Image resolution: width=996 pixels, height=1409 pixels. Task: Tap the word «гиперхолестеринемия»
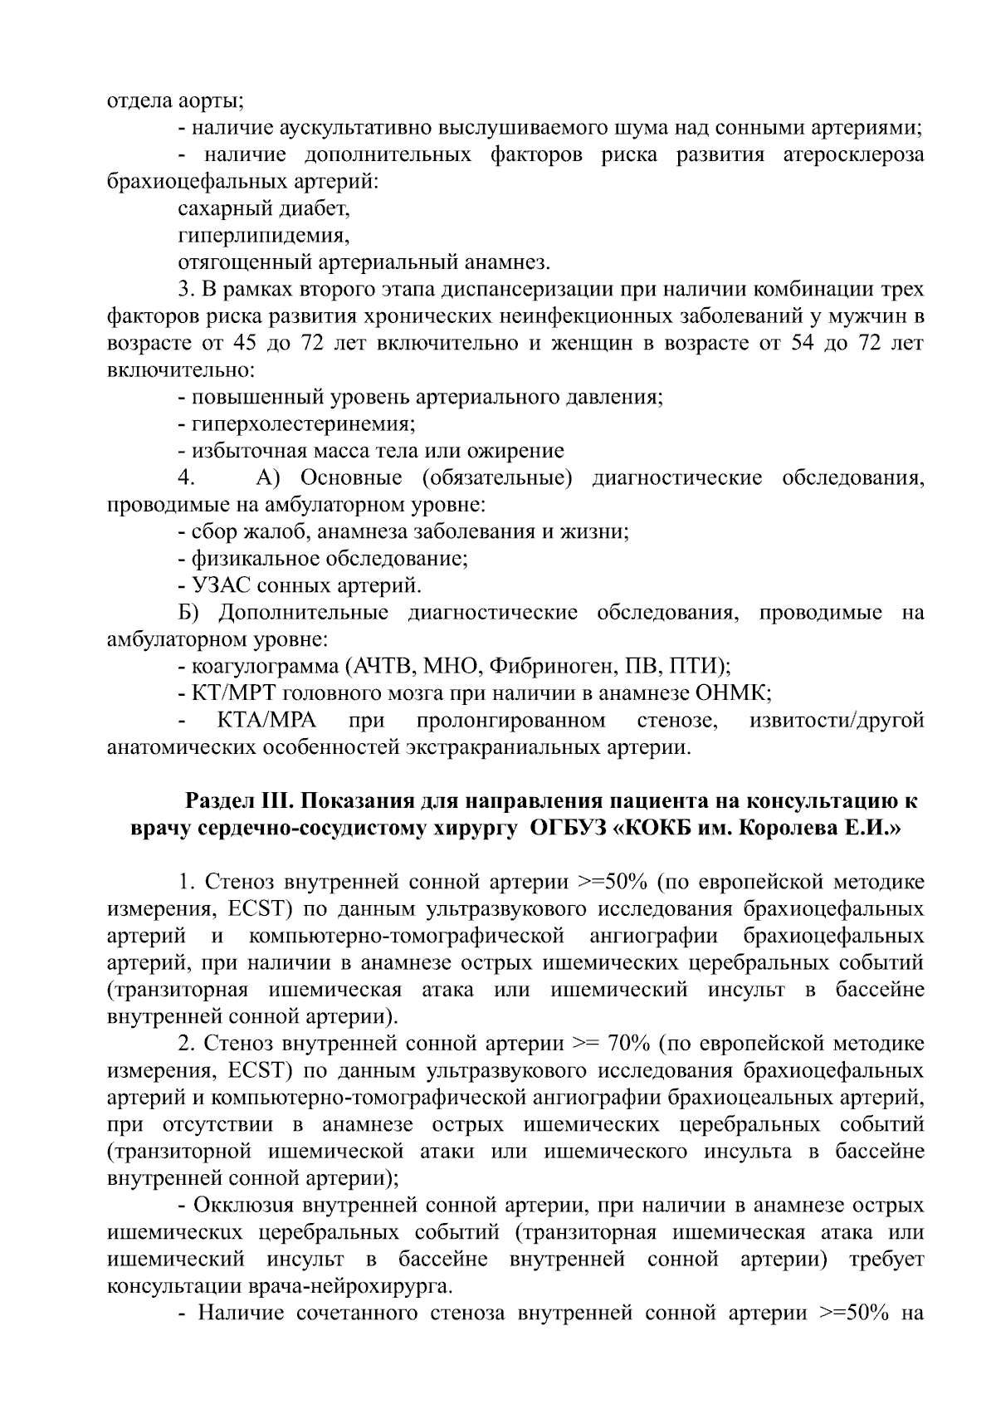click(302, 424)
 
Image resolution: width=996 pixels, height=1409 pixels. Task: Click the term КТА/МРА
click(265, 720)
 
